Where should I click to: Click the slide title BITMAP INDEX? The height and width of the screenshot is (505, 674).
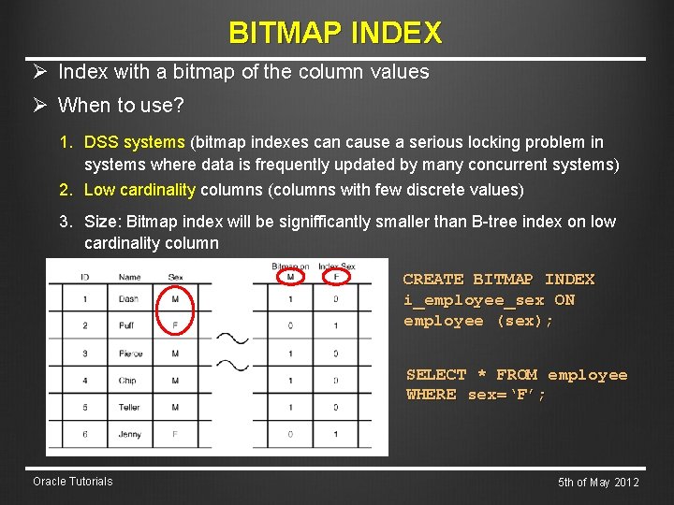[x=335, y=34]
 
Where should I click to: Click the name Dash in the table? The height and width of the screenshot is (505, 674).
[x=129, y=299]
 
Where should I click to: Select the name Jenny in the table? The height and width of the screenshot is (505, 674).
[x=130, y=435]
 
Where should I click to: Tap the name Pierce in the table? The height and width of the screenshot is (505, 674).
[x=130, y=353]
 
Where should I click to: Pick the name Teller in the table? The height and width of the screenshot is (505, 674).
[x=129, y=408]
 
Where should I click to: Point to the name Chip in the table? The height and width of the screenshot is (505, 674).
[x=127, y=381]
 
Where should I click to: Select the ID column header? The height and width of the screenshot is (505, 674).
[x=84, y=277]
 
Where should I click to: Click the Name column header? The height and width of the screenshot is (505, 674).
[x=129, y=277]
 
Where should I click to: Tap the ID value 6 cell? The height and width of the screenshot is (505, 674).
[x=84, y=435]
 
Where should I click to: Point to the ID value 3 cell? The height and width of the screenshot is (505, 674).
[x=84, y=353]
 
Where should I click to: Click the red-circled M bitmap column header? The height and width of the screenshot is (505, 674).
[x=290, y=277]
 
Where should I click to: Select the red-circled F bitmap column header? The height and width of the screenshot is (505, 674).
[x=336, y=277]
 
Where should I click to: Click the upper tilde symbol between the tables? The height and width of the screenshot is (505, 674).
[x=233, y=338]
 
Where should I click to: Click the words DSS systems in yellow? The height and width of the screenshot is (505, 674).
[x=135, y=142]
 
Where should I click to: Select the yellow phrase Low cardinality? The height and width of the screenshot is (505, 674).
[x=139, y=190]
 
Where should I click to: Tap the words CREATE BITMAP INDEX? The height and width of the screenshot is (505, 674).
[x=498, y=279]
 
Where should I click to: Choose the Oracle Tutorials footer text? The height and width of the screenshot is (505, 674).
[x=72, y=482]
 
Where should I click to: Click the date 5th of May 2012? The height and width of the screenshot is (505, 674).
[x=598, y=483]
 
